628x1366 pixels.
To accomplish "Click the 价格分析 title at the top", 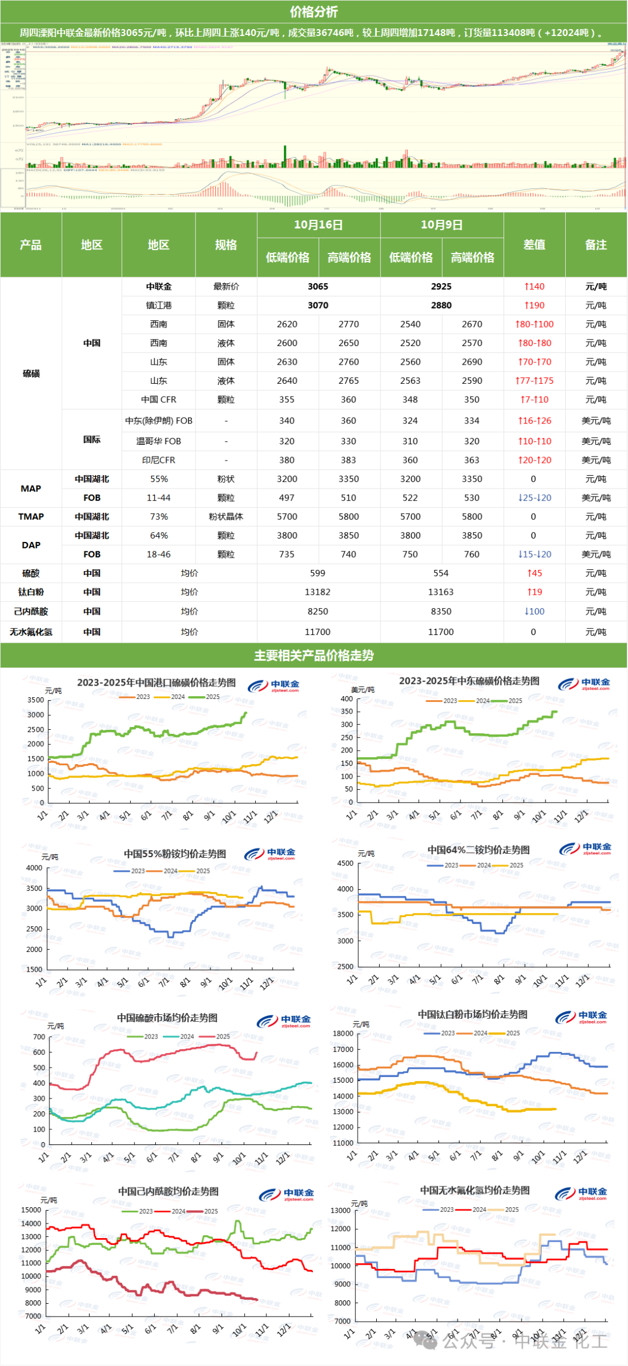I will pos(313,12).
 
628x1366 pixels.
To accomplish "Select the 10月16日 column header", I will pos(318,225).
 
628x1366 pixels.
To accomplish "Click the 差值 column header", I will pos(534,245).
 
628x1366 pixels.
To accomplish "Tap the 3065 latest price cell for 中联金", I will pos(318,287).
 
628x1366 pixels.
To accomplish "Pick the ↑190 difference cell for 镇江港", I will pos(534,305).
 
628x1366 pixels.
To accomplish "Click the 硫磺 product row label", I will pos(31,373).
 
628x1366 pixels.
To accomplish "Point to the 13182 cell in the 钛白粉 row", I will pos(317,592).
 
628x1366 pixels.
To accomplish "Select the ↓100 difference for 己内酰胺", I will pos(534,611).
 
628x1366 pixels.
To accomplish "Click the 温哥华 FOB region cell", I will pos(158,441).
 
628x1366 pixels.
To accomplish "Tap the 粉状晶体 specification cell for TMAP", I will pos(226,516).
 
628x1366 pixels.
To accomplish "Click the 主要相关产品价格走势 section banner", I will pos(313,655).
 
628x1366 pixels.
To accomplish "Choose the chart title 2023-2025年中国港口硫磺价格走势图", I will pos(156,682).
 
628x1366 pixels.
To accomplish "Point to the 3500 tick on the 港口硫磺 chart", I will pos(35,700).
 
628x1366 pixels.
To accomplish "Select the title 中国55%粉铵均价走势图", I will pos(174,854).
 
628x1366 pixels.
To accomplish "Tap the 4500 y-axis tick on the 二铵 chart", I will pos(345,864).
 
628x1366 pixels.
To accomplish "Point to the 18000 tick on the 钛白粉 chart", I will pos(342,1033).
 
